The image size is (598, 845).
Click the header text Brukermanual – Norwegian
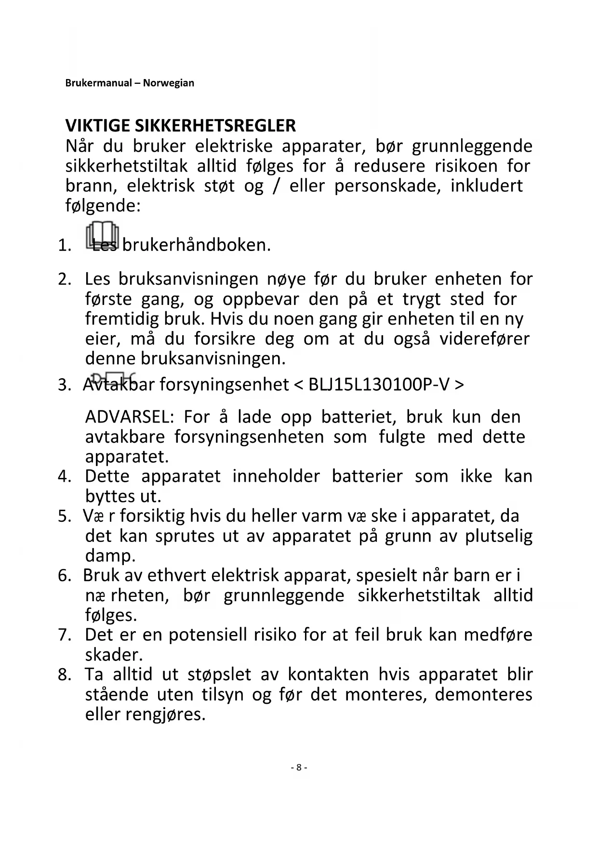coord(130,83)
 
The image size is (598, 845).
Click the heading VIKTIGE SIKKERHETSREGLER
coord(181,126)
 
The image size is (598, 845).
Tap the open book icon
coord(102,235)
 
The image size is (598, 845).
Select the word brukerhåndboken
coord(196,246)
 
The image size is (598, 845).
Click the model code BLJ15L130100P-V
coord(379,385)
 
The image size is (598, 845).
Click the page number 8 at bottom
coord(299,767)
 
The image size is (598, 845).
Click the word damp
coord(110,556)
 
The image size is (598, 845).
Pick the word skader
coord(114,655)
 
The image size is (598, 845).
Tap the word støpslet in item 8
coord(219,674)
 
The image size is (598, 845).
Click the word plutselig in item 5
coord(499,536)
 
